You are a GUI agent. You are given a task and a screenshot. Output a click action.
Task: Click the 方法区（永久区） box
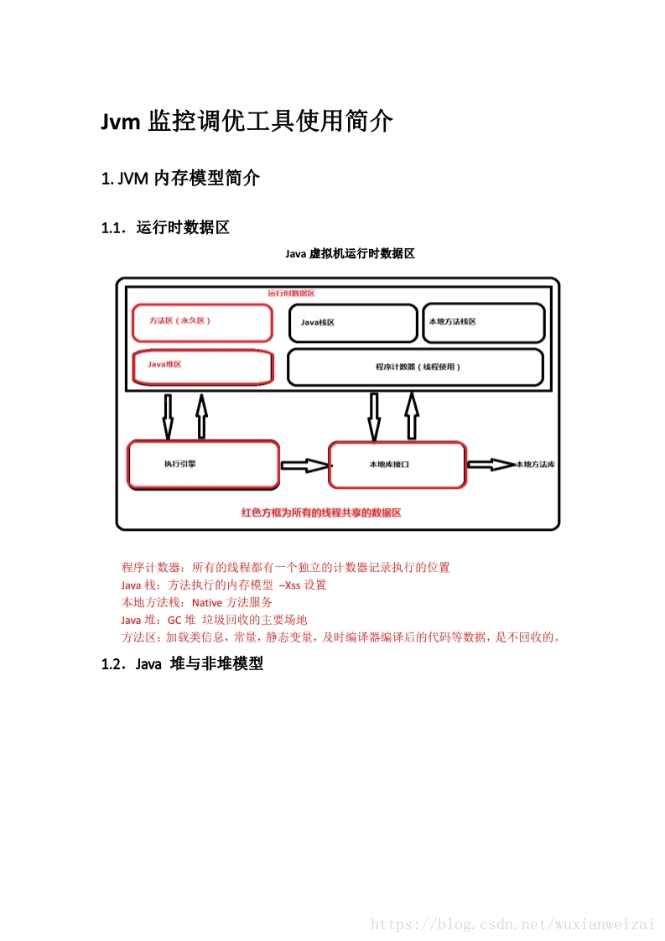[202, 322]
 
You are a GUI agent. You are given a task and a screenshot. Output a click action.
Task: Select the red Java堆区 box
[202, 367]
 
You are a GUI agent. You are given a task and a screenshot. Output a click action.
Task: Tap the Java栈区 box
[352, 323]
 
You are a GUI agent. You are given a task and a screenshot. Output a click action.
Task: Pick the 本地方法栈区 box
[483, 323]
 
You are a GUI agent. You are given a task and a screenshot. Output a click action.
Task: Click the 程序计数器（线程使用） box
[415, 367]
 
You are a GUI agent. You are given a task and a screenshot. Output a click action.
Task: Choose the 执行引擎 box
[202, 464]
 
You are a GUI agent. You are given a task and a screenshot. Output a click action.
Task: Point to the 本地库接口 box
[396, 464]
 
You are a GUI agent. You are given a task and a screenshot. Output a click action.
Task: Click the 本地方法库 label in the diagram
[535, 464]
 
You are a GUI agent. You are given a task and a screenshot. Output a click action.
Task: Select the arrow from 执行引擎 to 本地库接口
[304, 465]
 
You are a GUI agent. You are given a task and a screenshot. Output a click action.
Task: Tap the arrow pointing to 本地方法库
[491, 464]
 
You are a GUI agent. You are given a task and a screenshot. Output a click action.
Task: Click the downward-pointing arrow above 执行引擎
[168, 416]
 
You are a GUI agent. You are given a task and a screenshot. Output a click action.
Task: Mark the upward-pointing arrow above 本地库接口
[411, 416]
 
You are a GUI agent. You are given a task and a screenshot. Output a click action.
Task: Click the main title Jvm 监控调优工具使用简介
[247, 122]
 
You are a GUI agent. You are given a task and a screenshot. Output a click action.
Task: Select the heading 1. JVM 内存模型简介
[180, 178]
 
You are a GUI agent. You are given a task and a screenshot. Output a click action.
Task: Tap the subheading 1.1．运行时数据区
[165, 227]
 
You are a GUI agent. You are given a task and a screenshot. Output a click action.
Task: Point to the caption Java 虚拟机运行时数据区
[350, 253]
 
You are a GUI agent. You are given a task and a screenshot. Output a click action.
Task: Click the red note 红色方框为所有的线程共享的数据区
[321, 512]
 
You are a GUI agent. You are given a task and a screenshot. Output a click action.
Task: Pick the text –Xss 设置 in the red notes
[303, 585]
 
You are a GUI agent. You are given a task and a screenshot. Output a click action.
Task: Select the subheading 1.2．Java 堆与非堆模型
[182, 664]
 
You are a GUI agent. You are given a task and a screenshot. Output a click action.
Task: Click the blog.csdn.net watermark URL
[512, 923]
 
